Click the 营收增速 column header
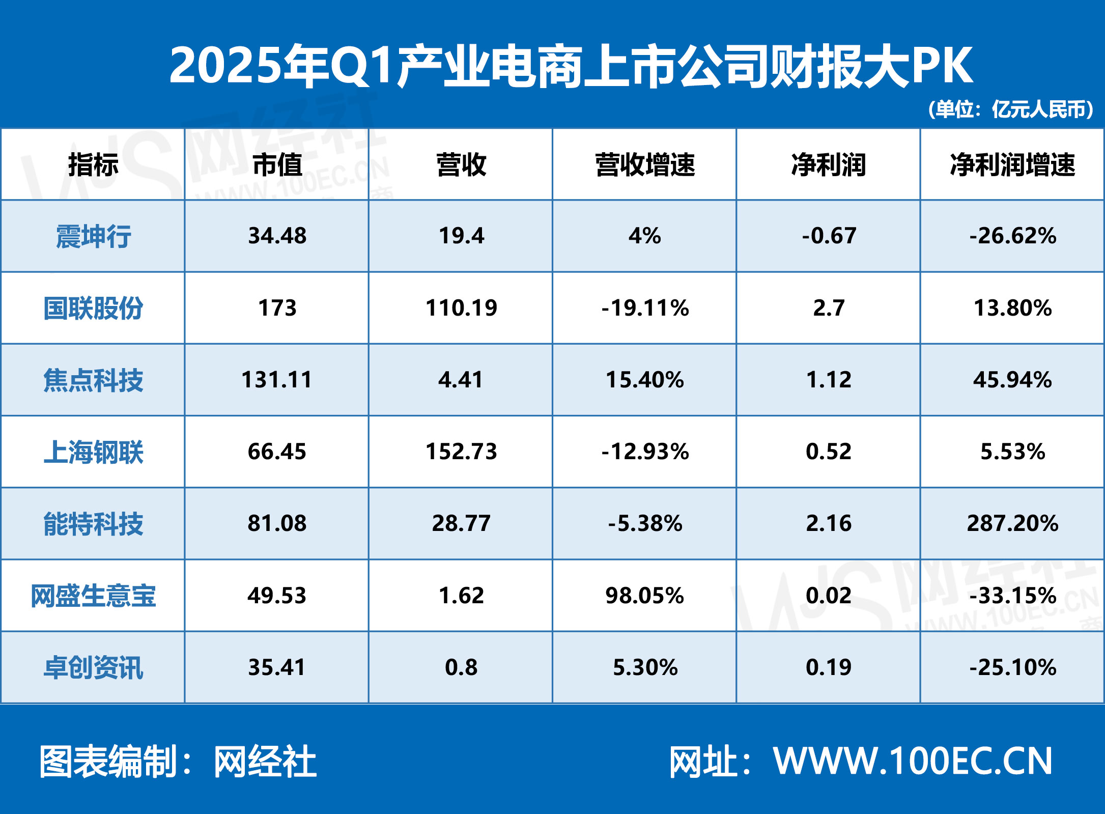click(x=645, y=165)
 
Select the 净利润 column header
click(x=829, y=165)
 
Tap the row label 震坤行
click(x=93, y=236)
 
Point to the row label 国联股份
click(x=93, y=308)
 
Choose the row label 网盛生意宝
click(x=93, y=596)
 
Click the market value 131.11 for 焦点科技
click(x=277, y=380)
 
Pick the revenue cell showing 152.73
click(x=461, y=452)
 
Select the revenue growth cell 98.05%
click(x=645, y=596)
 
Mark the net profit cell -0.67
click(x=829, y=236)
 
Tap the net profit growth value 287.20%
click(x=1012, y=523)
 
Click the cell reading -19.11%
click(x=645, y=308)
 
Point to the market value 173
click(x=277, y=308)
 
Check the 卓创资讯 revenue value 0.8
click(x=461, y=667)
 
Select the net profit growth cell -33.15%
click(x=1012, y=596)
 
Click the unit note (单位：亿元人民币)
click(x=1011, y=109)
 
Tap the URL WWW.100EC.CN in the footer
click(x=913, y=762)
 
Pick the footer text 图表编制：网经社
click(x=178, y=762)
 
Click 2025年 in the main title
click(x=249, y=65)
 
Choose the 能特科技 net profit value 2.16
click(x=829, y=523)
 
